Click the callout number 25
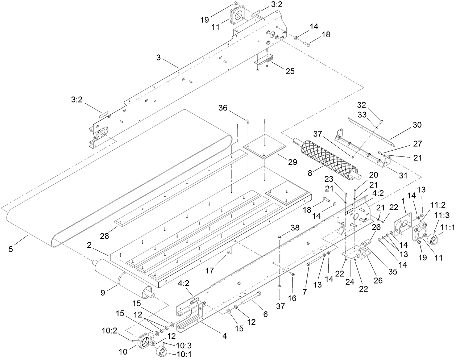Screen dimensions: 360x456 [290, 71]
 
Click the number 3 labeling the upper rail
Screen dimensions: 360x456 [158, 57]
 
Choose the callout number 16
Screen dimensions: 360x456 [292, 298]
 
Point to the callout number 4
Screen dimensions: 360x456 [225, 336]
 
